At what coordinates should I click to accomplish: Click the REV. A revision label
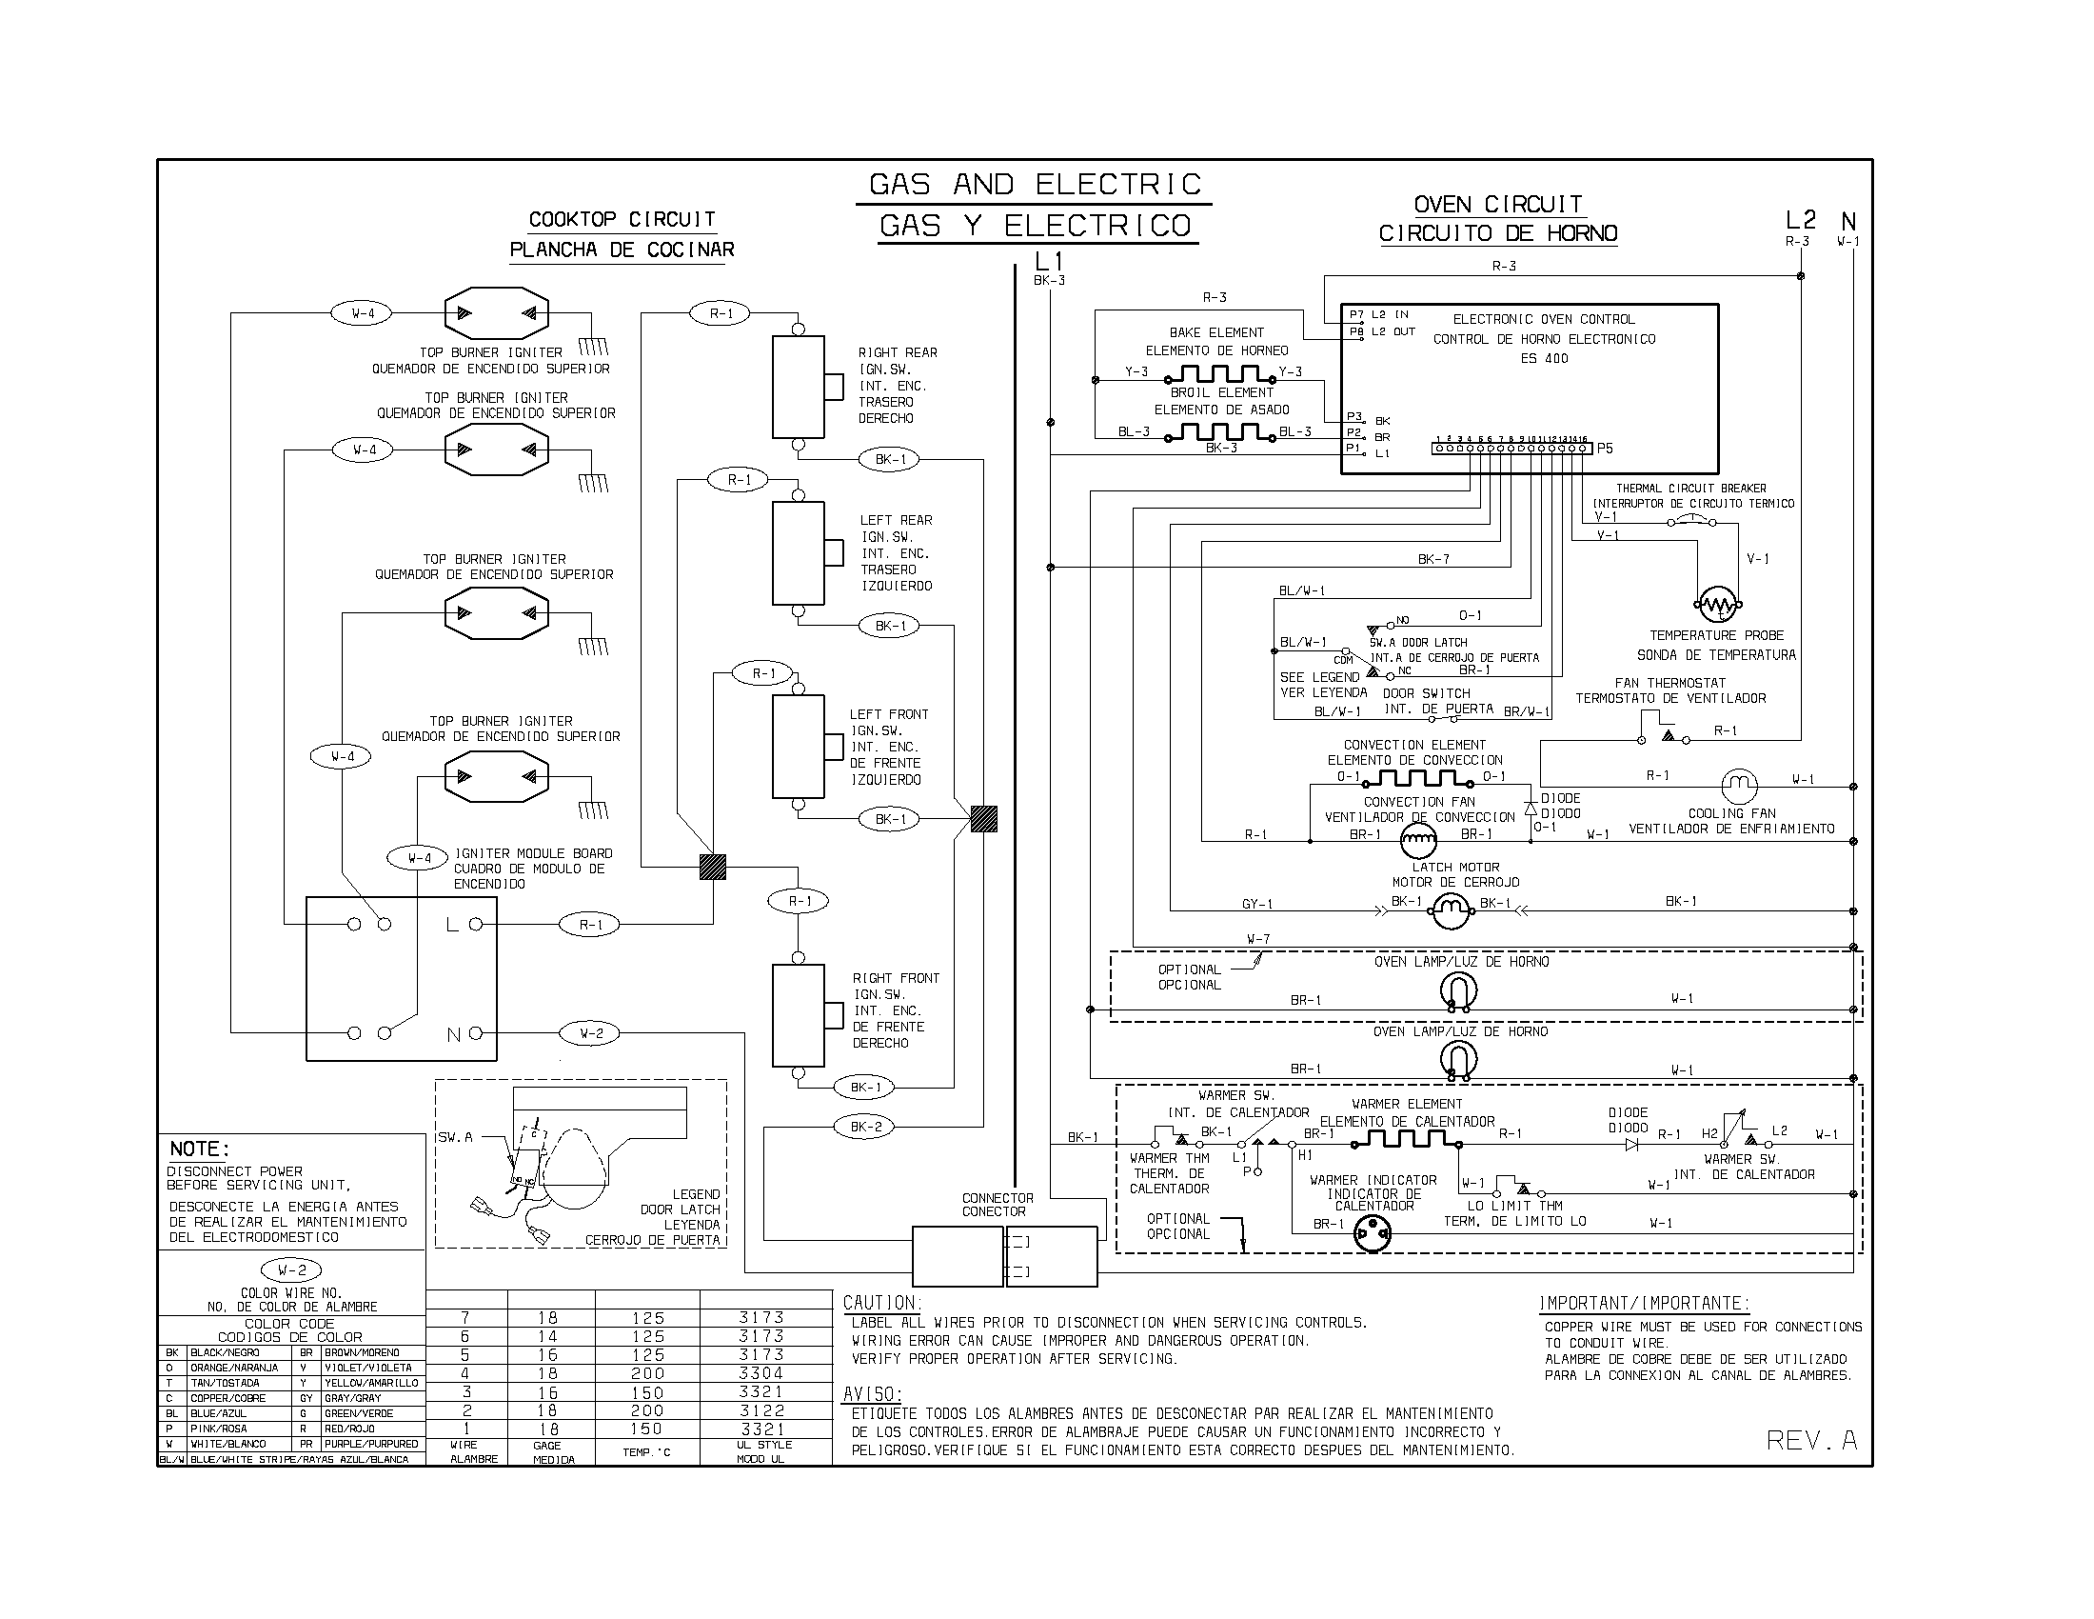pos(1811,1440)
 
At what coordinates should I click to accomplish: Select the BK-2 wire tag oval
pos(865,1127)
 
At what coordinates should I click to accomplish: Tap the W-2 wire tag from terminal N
pos(592,1034)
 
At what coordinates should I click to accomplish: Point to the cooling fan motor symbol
pos(1739,787)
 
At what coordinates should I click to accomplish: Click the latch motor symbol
pos(1451,909)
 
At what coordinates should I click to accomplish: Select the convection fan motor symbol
pos(1419,842)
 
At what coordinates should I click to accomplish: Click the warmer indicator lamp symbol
pos(1372,1233)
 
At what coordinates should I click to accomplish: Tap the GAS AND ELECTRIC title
pos(1035,184)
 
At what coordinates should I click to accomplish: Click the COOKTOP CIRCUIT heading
pos(622,220)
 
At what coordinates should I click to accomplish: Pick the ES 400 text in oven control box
pos(1544,359)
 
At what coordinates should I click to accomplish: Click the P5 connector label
pos(1605,448)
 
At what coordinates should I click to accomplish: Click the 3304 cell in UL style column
pos(761,1373)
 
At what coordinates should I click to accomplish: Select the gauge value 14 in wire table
pos(547,1336)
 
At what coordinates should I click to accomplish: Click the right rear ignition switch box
pos(799,387)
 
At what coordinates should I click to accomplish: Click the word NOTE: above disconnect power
pos(200,1149)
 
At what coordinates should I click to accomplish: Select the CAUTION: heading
pos(881,1303)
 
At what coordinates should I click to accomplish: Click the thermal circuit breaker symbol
pos(1692,521)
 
